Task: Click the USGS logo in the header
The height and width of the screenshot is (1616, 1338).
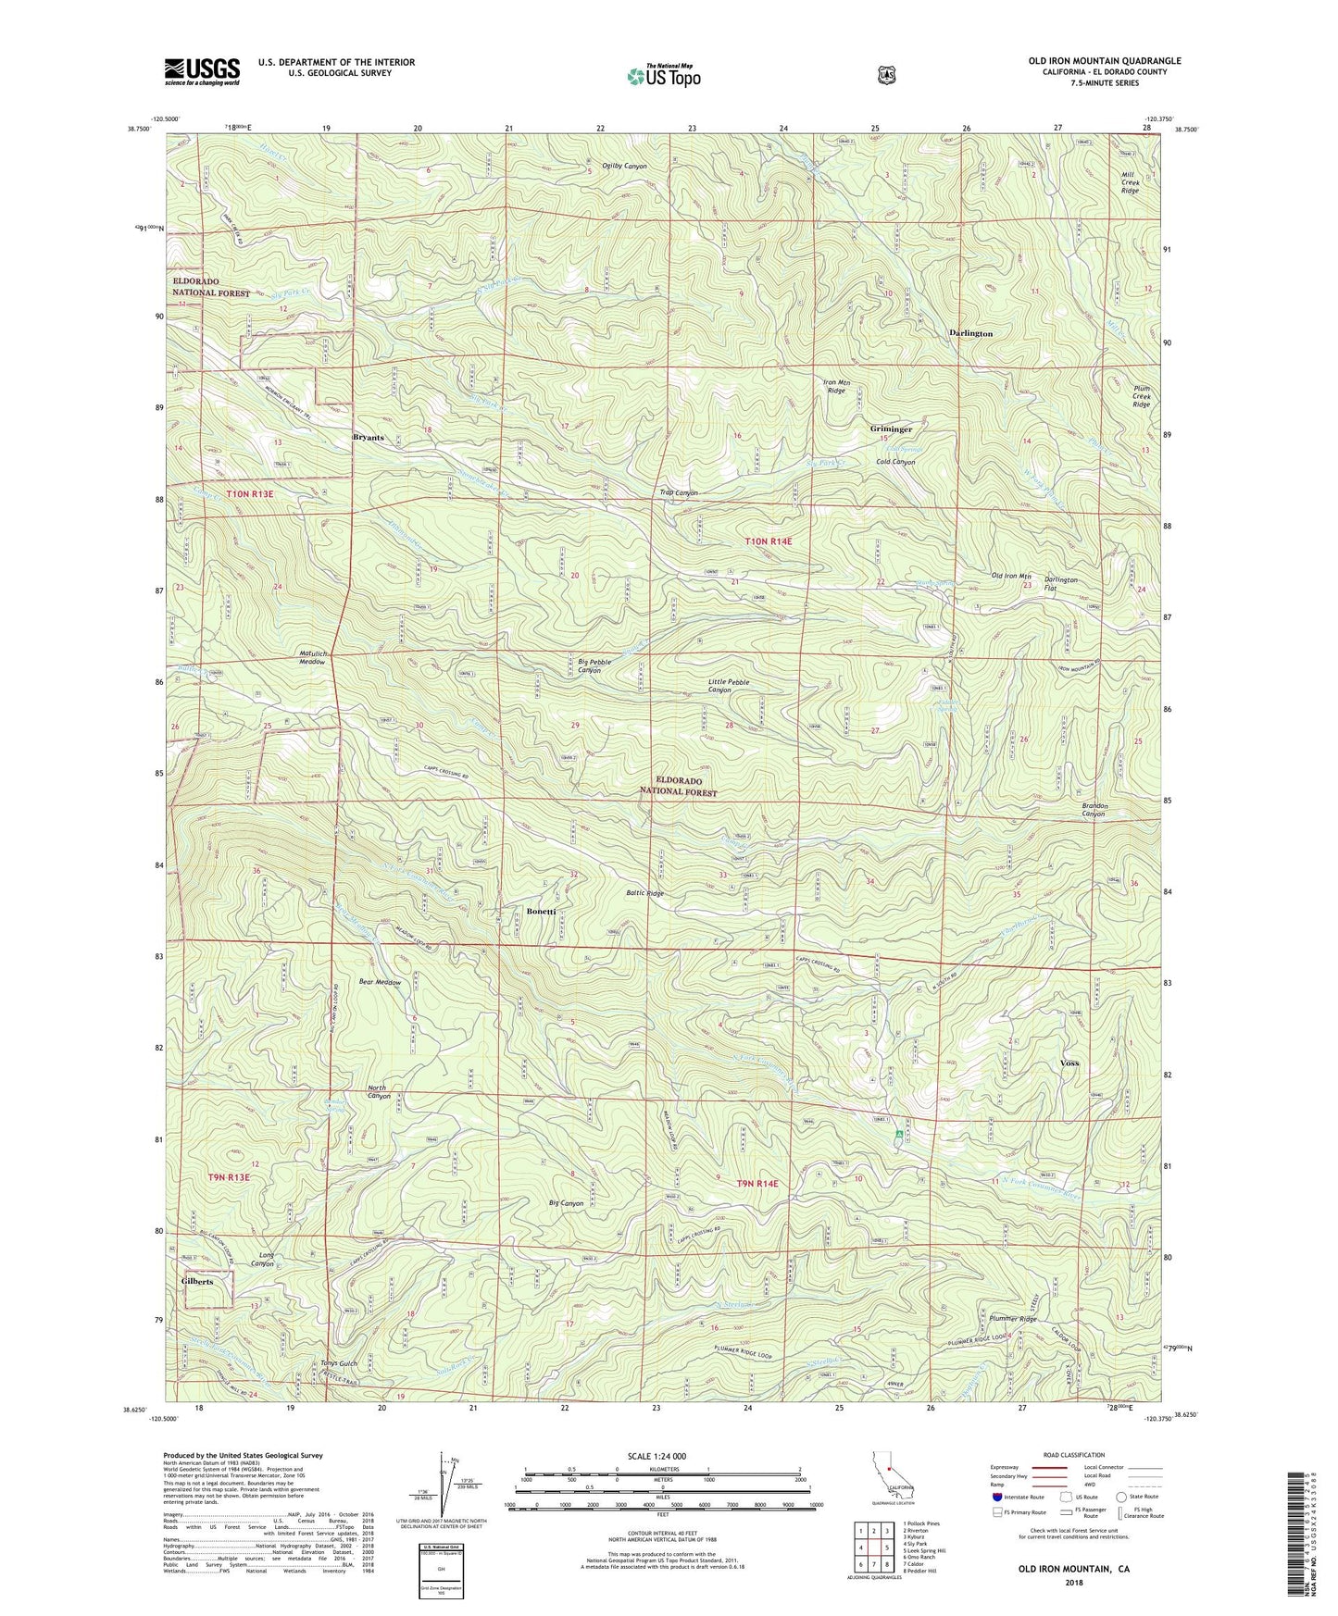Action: point(202,70)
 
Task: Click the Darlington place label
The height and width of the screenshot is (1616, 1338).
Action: point(970,333)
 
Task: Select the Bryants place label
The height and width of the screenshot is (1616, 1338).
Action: point(368,438)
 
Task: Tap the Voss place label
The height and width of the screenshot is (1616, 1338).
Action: point(1069,1063)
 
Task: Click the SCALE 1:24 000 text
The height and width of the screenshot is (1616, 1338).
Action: point(656,1456)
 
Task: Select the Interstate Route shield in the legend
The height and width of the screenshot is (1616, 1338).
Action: point(997,1497)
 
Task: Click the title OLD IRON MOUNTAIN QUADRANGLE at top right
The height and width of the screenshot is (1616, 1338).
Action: point(1104,61)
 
